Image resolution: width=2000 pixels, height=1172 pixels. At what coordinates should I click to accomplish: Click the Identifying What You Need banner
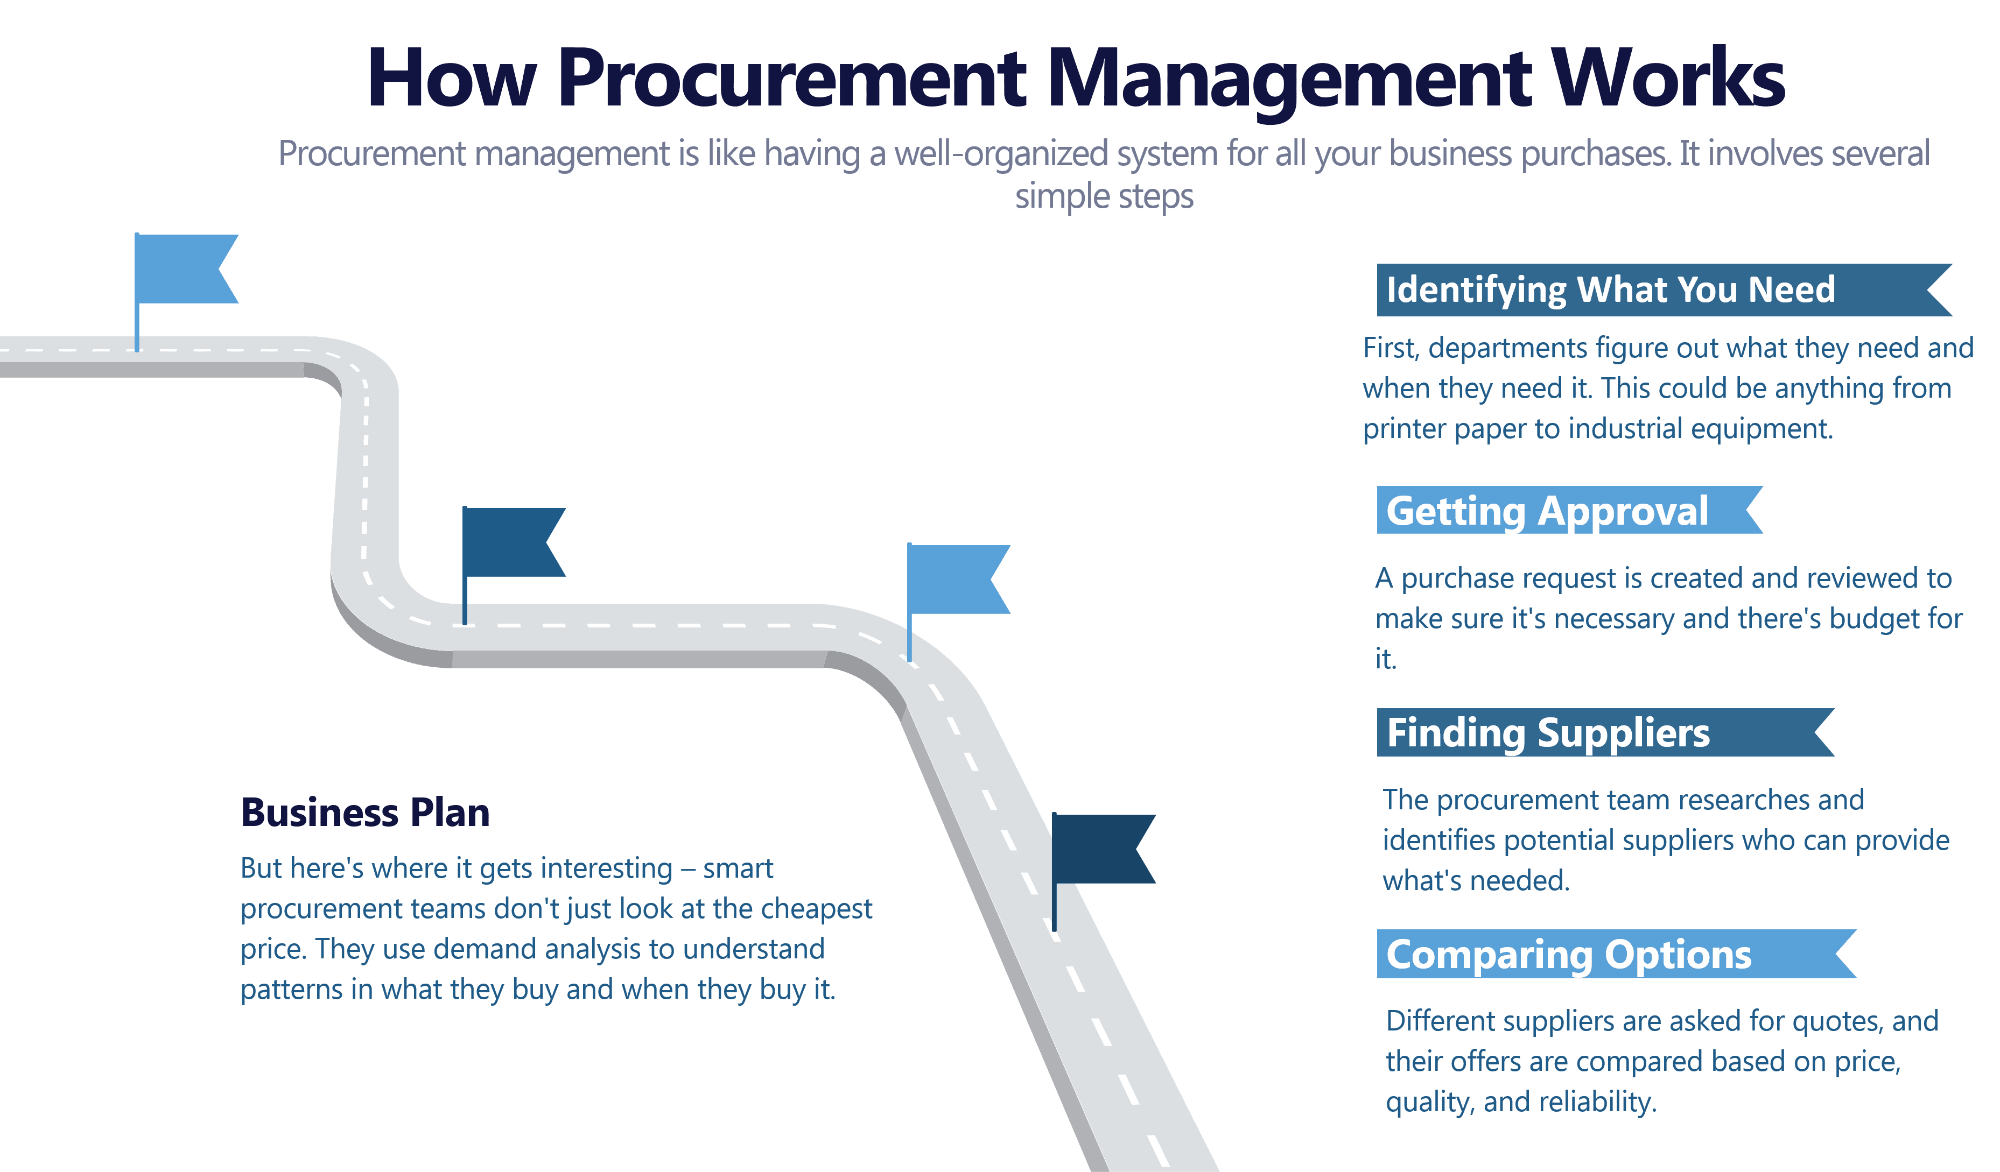(1611, 290)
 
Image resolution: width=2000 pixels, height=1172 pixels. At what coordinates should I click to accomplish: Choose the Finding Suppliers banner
(1548, 732)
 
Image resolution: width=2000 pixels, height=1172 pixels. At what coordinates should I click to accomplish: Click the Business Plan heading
(365, 813)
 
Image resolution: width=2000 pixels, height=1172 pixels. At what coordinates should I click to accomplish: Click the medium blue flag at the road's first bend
(512, 542)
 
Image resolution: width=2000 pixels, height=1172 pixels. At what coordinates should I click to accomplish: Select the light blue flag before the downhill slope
(956, 579)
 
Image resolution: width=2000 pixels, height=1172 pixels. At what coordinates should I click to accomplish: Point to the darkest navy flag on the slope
(1101, 849)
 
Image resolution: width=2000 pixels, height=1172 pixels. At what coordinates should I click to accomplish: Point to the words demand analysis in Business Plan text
(552, 949)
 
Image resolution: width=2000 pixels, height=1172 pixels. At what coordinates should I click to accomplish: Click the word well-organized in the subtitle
(1001, 154)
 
